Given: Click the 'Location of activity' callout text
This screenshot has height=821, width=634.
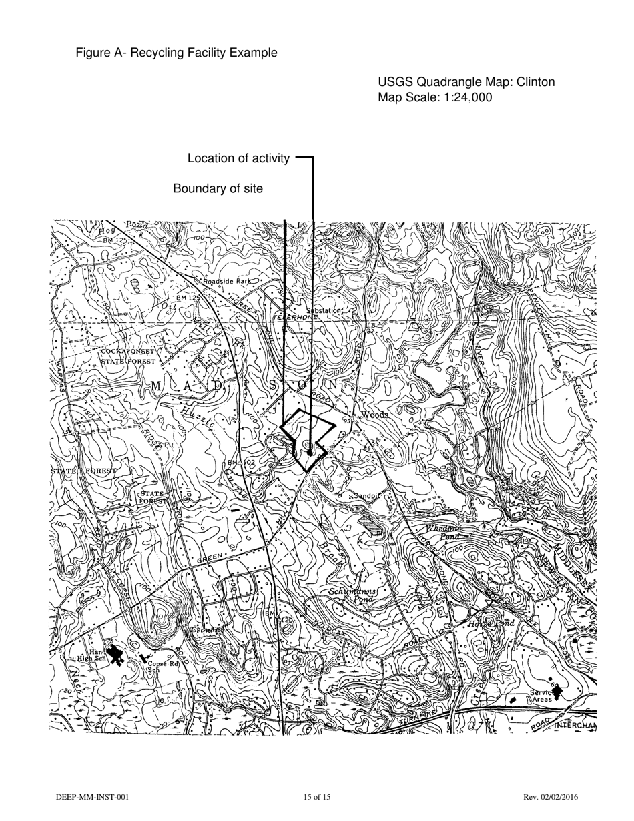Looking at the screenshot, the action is coord(238,158).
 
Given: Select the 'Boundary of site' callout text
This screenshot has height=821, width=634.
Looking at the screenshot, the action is coord(218,189).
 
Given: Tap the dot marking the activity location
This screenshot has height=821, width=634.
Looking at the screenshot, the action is coord(310,453).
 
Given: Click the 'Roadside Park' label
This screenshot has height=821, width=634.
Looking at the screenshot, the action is coord(227,282).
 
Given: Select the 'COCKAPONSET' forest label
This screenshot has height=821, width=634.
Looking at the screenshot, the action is coord(127,351).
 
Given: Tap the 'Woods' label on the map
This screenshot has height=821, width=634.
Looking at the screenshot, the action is coord(375,415).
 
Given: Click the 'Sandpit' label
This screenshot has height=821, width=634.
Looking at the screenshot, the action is coord(366,496).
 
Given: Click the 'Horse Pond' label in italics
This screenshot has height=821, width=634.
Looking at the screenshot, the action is coord(491,623).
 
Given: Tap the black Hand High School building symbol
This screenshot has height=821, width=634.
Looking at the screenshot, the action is coord(115,653).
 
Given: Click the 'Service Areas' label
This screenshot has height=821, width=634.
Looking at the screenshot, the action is coord(542,696).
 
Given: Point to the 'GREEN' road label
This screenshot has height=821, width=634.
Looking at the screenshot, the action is coord(210,557).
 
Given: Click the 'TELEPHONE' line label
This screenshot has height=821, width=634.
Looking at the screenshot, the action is coord(296,317).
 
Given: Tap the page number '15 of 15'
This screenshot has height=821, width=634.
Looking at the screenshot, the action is coord(317,797).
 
